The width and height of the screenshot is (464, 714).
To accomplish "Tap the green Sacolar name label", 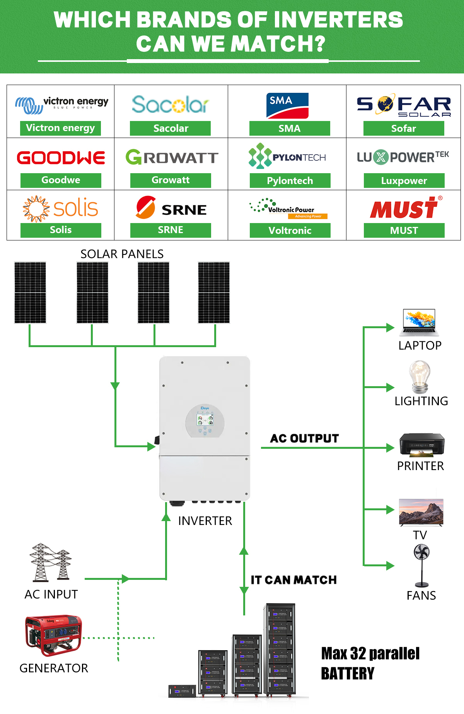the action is tap(170, 128).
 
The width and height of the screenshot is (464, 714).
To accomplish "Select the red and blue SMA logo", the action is tap(287, 106).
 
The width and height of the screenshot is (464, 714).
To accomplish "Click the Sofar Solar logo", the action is tap(404, 105).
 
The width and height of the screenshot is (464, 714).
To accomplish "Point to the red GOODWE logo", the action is tap(61, 158).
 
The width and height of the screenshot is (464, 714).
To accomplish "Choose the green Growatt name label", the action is tap(171, 180).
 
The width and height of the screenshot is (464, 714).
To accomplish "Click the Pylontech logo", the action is tap(287, 156).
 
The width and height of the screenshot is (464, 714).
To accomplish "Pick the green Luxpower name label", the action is tap(404, 181).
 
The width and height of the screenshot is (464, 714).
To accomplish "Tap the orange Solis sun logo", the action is tap(61, 208).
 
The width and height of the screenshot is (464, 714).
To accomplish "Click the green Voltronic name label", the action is tap(290, 230).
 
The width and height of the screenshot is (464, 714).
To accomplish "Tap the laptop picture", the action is tap(420, 322).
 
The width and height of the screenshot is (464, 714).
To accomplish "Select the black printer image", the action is tap(422, 445).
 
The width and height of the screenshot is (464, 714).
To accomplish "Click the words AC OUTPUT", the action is tap(305, 438).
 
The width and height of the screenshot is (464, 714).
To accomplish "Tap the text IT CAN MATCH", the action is tap(293, 580).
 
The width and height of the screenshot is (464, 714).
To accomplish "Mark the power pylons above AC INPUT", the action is tap(51, 562).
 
